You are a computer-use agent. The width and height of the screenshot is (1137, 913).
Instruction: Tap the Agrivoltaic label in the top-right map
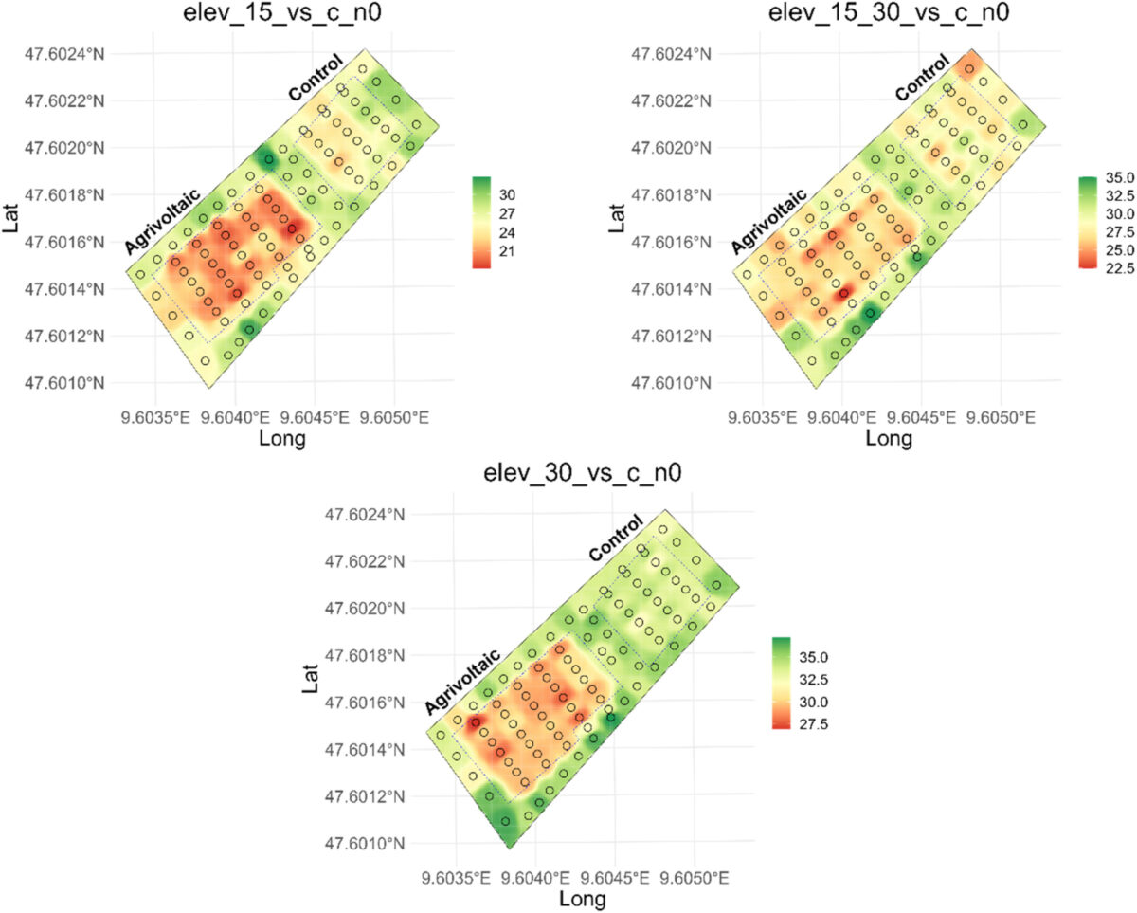point(768,222)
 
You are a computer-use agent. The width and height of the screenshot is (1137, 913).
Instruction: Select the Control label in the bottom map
point(616,538)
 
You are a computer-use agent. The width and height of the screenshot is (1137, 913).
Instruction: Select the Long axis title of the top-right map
point(889,439)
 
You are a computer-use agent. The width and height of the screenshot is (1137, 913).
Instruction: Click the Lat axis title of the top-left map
point(11,219)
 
